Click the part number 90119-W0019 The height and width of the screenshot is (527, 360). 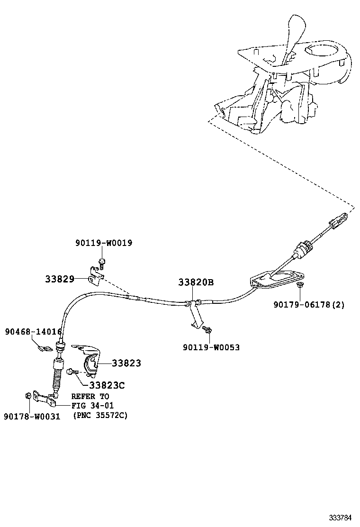coord(103,243)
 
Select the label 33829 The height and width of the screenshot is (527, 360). coord(60,279)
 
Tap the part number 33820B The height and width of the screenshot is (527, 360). coord(196,283)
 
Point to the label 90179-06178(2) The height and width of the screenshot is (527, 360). coord(308,305)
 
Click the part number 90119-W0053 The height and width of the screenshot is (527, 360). coord(211,347)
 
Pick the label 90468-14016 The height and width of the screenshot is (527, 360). coord(33,332)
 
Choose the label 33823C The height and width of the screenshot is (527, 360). coord(107,386)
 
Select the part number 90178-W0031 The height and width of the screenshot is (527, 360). coord(32,417)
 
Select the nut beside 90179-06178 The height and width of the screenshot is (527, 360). coord(300,285)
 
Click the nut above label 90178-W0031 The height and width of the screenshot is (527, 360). coord(29,395)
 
